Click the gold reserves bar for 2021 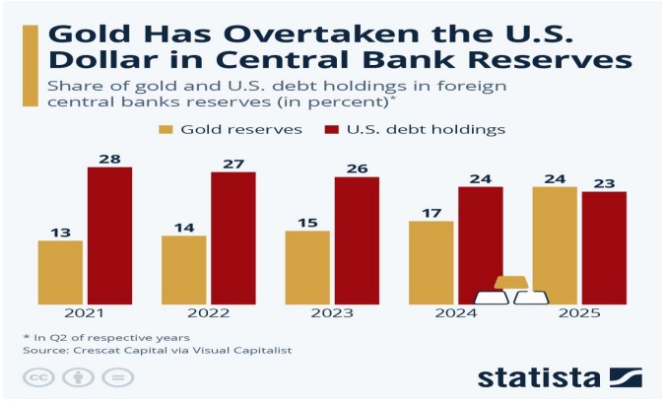pos(60,272)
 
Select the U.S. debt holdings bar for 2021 pos(109,236)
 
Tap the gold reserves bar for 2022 pos(183,269)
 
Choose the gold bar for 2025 pos(555,245)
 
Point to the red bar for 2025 pos(604,247)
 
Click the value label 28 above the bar pos(109,158)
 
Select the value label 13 pos(60,232)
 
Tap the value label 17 pos(431,212)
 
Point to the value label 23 pos(604,182)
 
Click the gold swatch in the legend pos(165,129)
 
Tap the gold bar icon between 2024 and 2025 pos(511,284)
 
